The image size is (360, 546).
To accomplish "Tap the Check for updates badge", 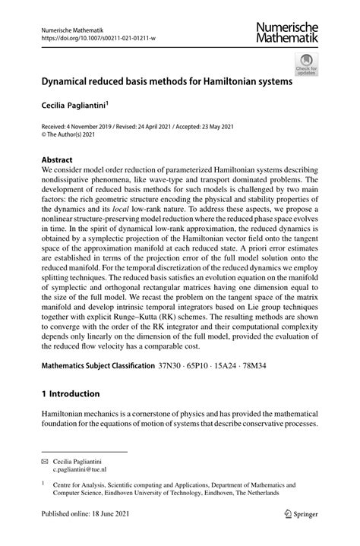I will tap(307, 64).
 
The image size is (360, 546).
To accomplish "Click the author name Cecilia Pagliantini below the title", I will tap(77, 108).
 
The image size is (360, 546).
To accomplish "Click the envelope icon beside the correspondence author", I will tap(44, 461).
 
